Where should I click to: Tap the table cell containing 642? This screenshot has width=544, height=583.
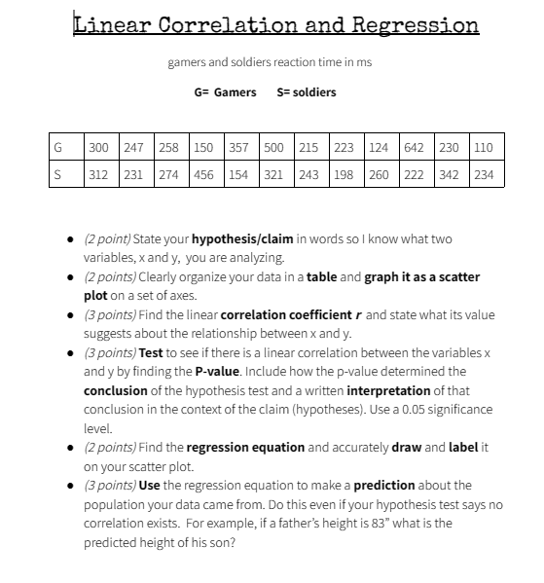pyautogui.click(x=414, y=148)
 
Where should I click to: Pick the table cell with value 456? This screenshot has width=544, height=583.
pyautogui.click(x=203, y=175)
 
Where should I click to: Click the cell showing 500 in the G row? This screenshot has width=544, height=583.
pyautogui.click(x=273, y=148)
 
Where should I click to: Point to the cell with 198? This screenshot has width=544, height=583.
pyautogui.click(x=344, y=175)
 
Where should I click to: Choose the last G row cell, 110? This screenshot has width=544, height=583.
pyautogui.click(x=484, y=148)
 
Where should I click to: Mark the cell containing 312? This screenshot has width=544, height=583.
pyautogui.click(x=98, y=175)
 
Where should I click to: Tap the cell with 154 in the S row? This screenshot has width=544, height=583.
pyautogui.click(x=238, y=175)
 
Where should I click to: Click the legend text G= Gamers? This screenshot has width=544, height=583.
pyautogui.click(x=226, y=92)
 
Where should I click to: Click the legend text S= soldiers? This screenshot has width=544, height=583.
pyautogui.click(x=307, y=92)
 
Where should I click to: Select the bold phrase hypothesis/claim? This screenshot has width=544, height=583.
pyautogui.click(x=236, y=238)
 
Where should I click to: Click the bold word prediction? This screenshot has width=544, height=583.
pyautogui.click(x=383, y=485)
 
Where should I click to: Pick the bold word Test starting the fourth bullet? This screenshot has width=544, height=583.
pyautogui.click(x=151, y=352)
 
